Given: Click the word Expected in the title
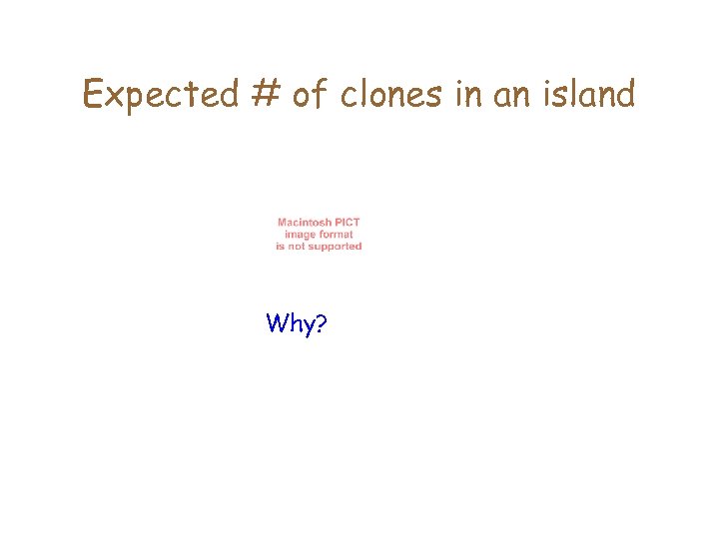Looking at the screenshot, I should point(160,95).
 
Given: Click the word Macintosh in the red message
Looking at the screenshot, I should point(307,223).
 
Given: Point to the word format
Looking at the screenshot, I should point(337,235).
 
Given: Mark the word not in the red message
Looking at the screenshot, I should point(297,246).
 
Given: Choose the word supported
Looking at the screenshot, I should point(336,247).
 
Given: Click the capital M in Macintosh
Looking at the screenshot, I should point(283,223).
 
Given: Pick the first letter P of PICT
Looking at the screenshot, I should point(340,223).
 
